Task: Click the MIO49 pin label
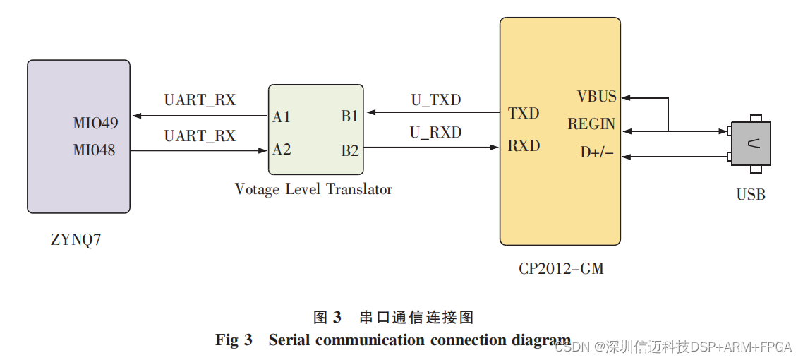[x=95, y=124]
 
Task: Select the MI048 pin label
[x=94, y=150]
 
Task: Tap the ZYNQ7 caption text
[x=76, y=239]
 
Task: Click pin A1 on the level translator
[x=282, y=117]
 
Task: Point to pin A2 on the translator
[x=282, y=150]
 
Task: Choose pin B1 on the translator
[x=350, y=117]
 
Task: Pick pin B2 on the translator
[x=350, y=150]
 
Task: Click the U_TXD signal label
[x=436, y=100]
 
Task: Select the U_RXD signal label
[x=436, y=133]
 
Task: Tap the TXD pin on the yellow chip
[x=524, y=114]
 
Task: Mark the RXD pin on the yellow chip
[x=524, y=146]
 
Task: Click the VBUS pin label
[x=596, y=97]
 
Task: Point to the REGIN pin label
[x=591, y=124]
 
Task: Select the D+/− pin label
[x=597, y=152]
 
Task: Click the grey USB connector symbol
[x=751, y=144]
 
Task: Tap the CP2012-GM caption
[x=561, y=268]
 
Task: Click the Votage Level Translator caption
[x=313, y=189]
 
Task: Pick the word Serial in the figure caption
[x=289, y=340]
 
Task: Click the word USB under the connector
[x=751, y=195]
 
